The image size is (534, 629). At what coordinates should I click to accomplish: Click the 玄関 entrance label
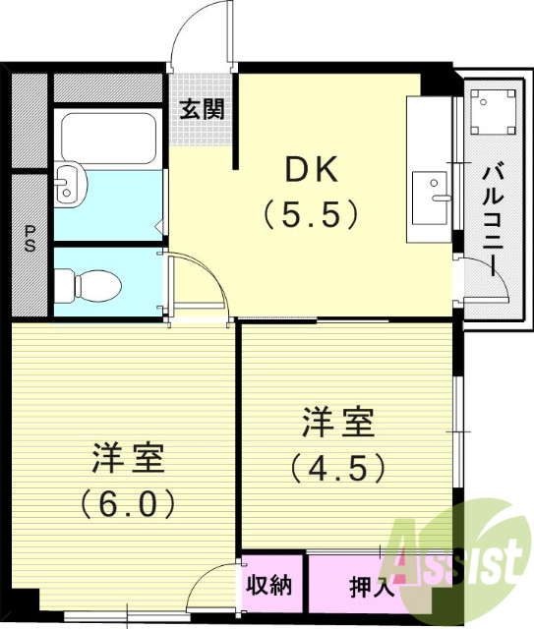click(x=201, y=108)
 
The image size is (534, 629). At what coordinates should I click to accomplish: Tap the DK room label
click(x=312, y=169)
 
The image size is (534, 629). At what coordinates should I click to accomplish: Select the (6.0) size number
click(x=128, y=503)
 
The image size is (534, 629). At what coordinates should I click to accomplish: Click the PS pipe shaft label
click(x=30, y=240)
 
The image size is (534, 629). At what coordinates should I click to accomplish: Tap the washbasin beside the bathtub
click(x=68, y=184)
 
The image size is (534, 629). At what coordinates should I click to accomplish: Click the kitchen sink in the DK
click(x=430, y=198)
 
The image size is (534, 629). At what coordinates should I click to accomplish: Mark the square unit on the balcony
click(x=492, y=111)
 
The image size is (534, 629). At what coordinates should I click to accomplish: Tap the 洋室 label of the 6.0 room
click(x=128, y=457)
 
